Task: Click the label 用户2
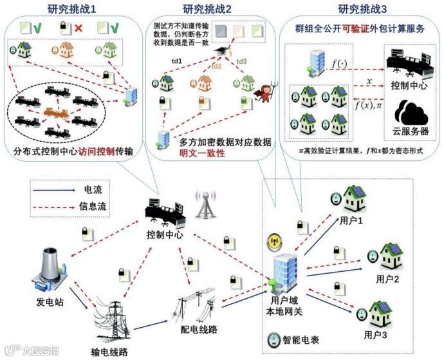[x=388, y=279]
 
